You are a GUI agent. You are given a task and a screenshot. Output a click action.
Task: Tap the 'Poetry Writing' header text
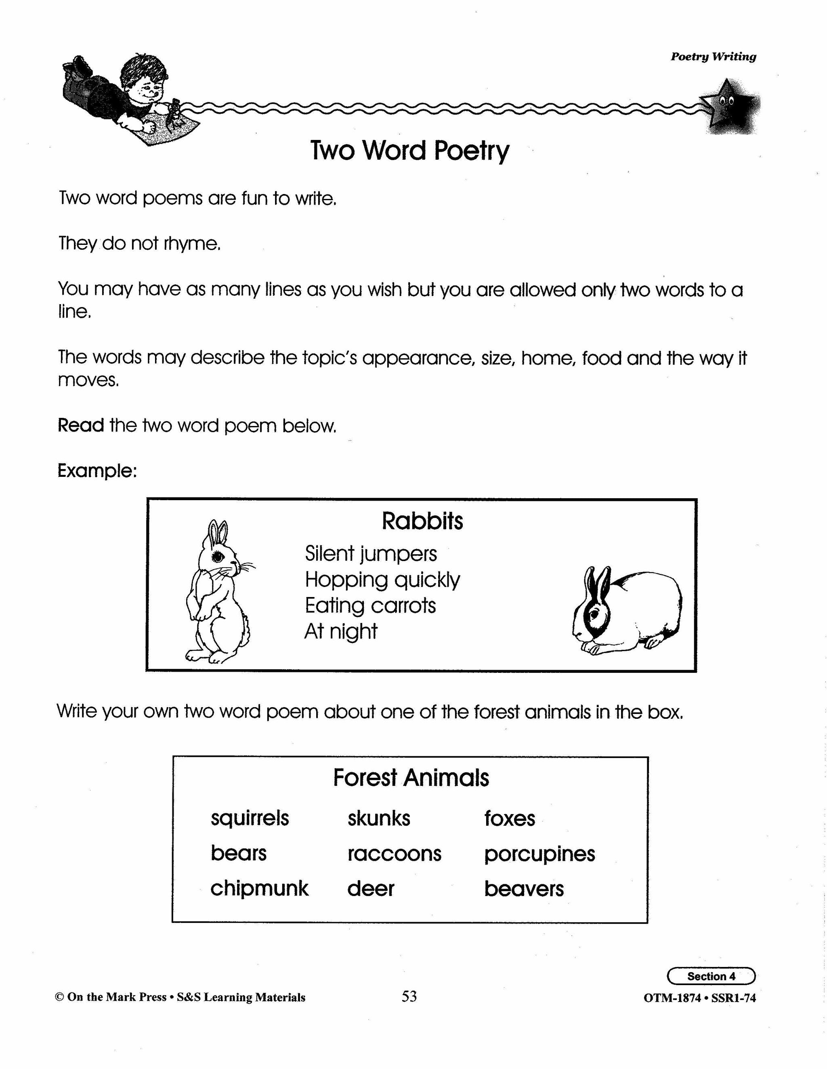[713, 57]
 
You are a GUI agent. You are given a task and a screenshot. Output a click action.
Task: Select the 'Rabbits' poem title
[422, 521]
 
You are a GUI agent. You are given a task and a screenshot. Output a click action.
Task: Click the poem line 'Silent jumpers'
[370, 553]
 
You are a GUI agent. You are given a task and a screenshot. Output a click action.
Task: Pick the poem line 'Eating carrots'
[370, 605]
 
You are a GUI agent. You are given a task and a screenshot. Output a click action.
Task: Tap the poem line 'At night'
[340, 631]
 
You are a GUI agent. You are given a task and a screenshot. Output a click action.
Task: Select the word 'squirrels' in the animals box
[250, 818]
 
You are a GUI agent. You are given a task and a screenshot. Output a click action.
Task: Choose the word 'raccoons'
[395, 854]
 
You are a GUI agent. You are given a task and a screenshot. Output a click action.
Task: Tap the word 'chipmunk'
[259, 888]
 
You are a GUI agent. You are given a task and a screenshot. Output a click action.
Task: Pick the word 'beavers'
[524, 889]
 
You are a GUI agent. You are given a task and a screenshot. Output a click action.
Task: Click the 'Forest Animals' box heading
[411, 778]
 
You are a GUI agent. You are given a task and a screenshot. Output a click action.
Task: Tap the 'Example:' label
[97, 471]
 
